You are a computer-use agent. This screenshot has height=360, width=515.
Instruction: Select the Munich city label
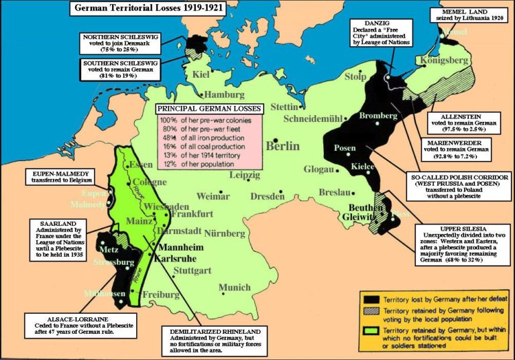(x=234, y=288)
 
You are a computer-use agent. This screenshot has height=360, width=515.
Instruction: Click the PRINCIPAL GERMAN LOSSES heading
(x=209, y=109)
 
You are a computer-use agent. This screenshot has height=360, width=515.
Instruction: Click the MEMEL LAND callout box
(x=473, y=16)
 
